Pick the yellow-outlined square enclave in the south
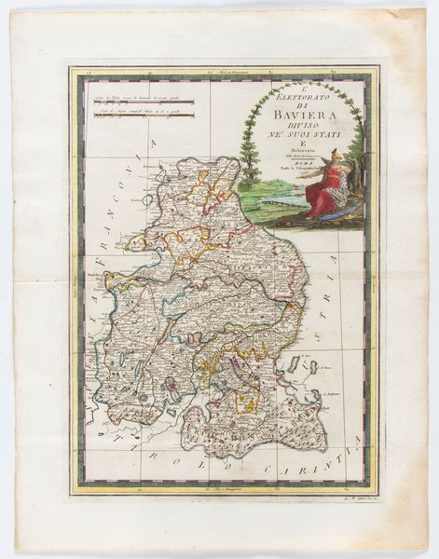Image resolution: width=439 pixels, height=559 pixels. coord(247,404)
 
